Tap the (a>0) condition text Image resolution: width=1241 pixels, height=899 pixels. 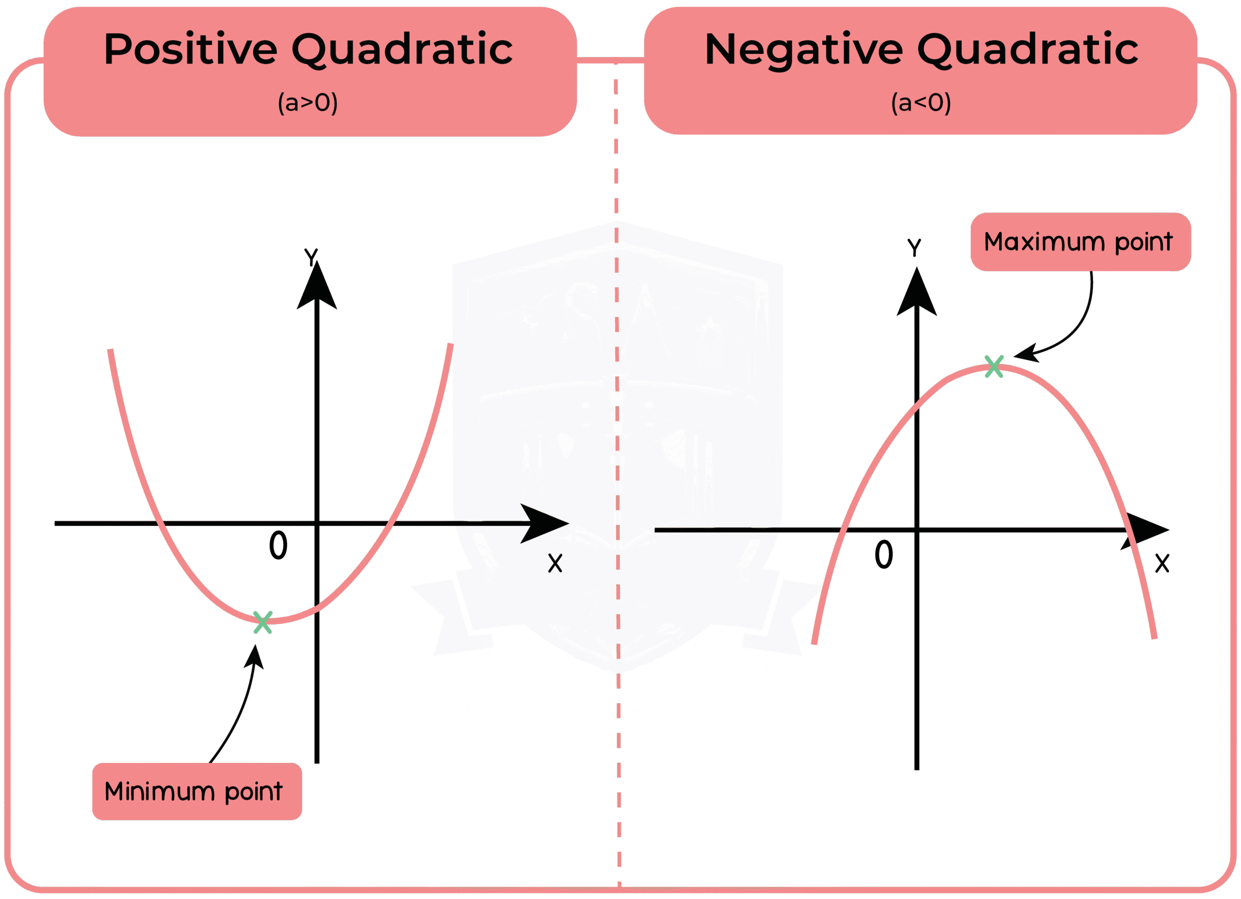pyautogui.click(x=307, y=102)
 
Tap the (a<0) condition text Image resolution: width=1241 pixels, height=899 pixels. pyautogui.click(x=921, y=102)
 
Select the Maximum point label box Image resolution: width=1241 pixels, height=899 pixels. pyautogui.click(x=1080, y=242)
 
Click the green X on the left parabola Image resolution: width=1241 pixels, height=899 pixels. pyautogui.click(x=263, y=623)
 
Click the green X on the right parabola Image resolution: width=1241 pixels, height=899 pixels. pyautogui.click(x=994, y=366)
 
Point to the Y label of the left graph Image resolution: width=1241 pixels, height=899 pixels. pyautogui.click(x=311, y=256)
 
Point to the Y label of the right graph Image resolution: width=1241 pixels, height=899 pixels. pyautogui.click(x=914, y=247)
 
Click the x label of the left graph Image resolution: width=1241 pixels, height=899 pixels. pyautogui.click(x=555, y=563)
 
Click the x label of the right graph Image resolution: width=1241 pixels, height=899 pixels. pyautogui.click(x=1162, y=563)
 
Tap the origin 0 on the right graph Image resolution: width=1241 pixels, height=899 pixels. pyautogui.click(x=883, y=554)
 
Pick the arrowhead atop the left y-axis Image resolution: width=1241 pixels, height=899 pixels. pyautogui.click(x=317, y=287)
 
